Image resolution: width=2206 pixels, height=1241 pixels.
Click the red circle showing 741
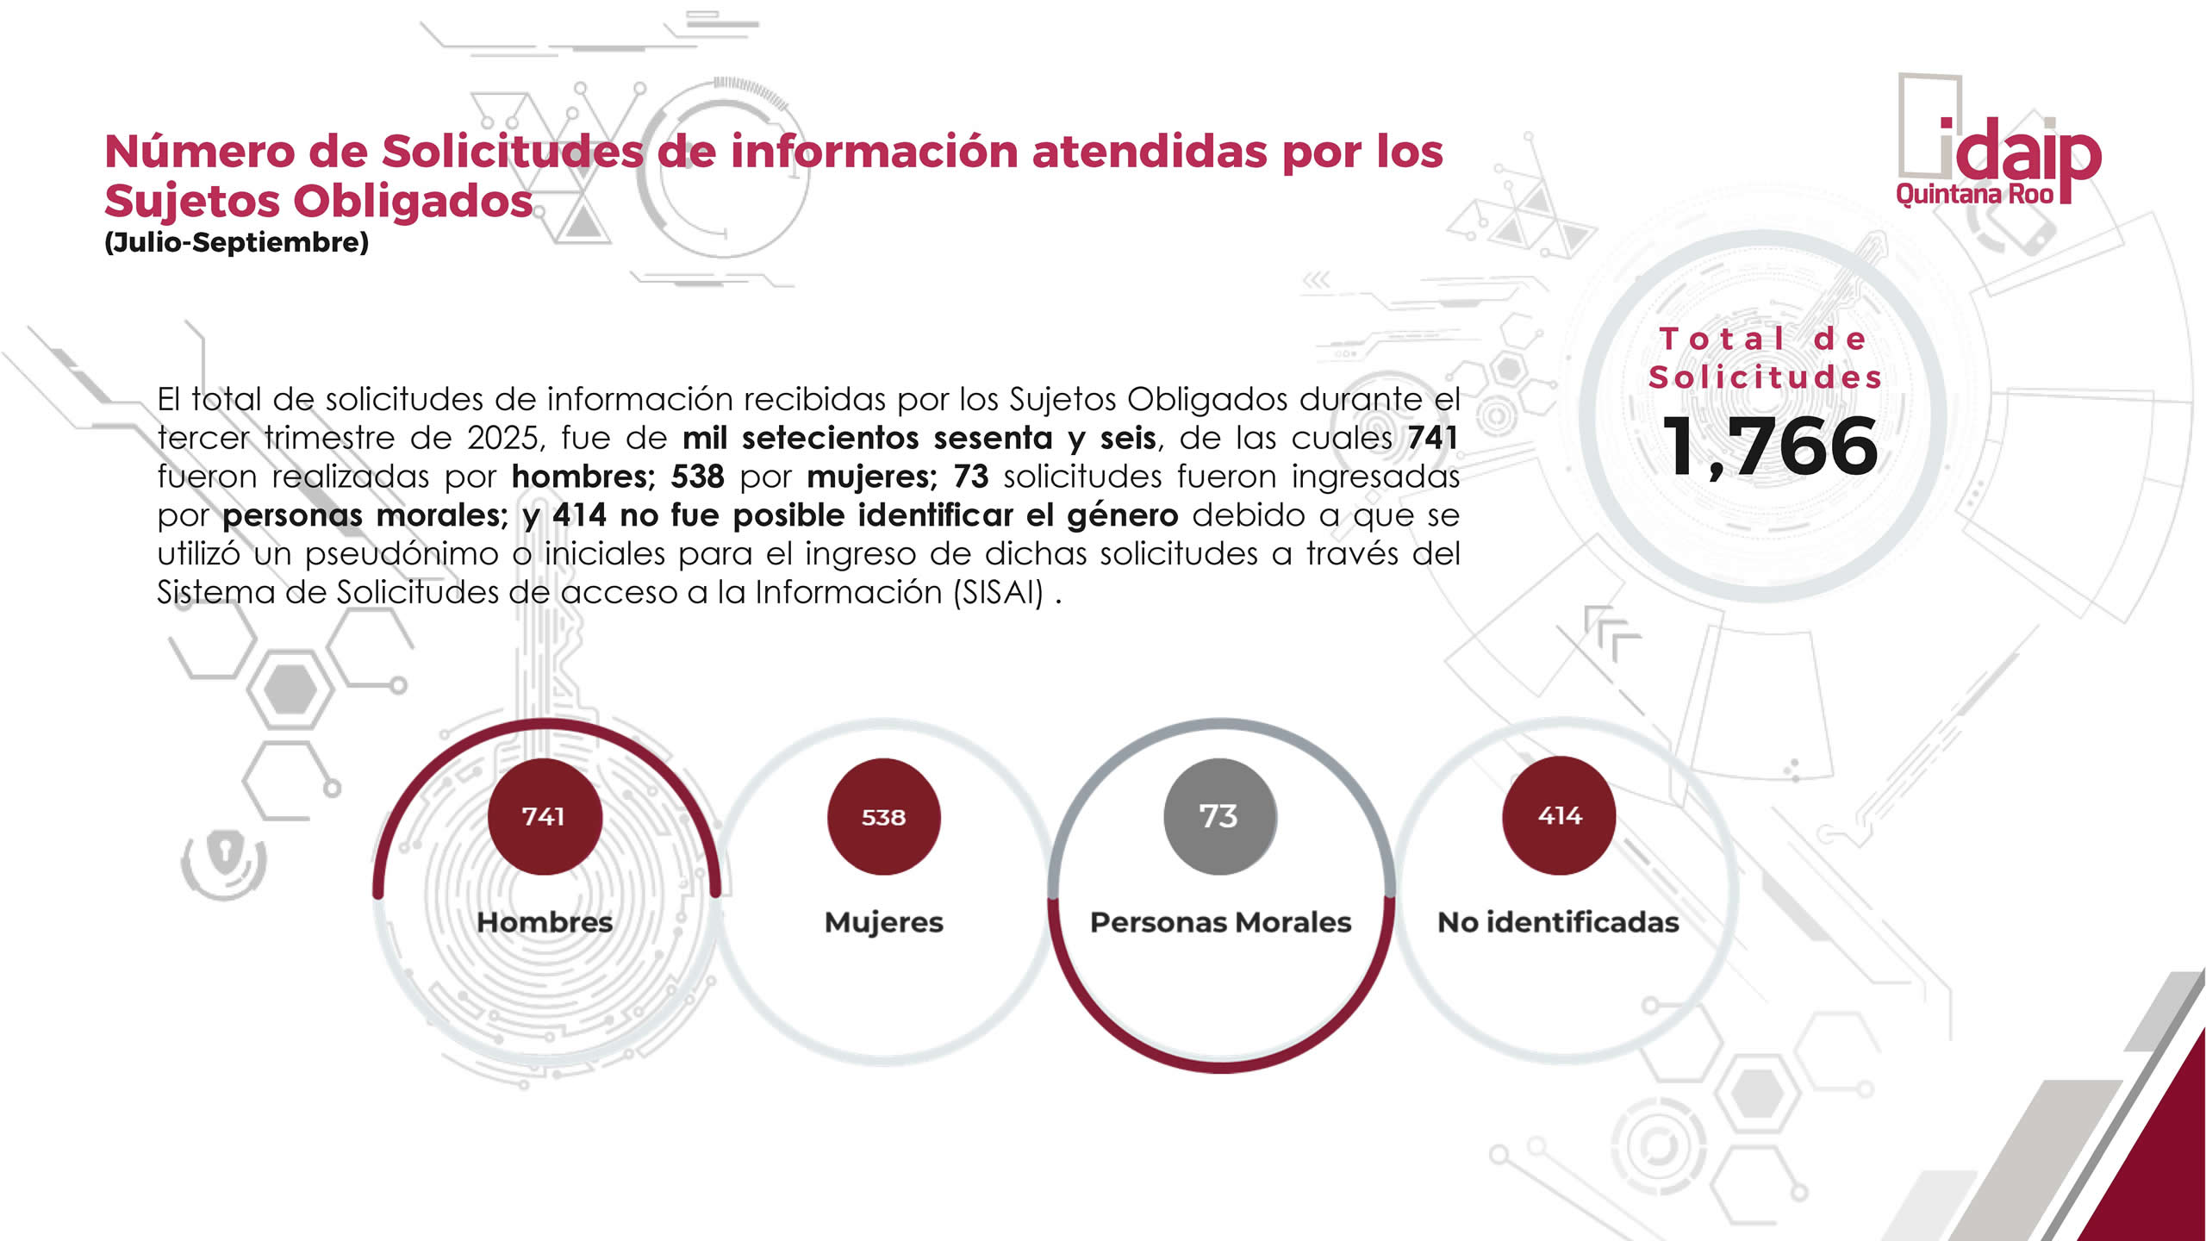(x=544, y=816)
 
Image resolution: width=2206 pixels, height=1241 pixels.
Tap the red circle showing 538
(x=883, y=816)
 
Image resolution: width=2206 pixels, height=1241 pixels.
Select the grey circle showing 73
(x=1219, y=816)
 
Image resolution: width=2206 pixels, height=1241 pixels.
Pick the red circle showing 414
(x=1559, y=815)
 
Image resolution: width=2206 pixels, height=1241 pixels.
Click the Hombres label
(x=545, y=922)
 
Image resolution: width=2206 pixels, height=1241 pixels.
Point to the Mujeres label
(x=883, y=922)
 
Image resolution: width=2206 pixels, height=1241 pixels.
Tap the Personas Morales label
(x=1220, y=922)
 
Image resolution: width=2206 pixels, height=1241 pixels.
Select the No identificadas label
(x=1558, y=922)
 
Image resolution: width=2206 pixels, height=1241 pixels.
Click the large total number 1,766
(x=1769, y=446)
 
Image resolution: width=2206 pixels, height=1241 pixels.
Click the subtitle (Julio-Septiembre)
(x=236, y=242)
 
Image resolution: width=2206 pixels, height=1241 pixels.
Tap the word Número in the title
(x=199, y=152)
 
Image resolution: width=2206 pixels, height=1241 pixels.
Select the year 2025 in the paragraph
(x=504, y=438)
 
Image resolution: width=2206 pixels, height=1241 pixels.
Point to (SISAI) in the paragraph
(x=999, y=593)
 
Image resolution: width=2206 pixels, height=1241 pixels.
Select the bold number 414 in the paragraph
(x=579, y=515)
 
